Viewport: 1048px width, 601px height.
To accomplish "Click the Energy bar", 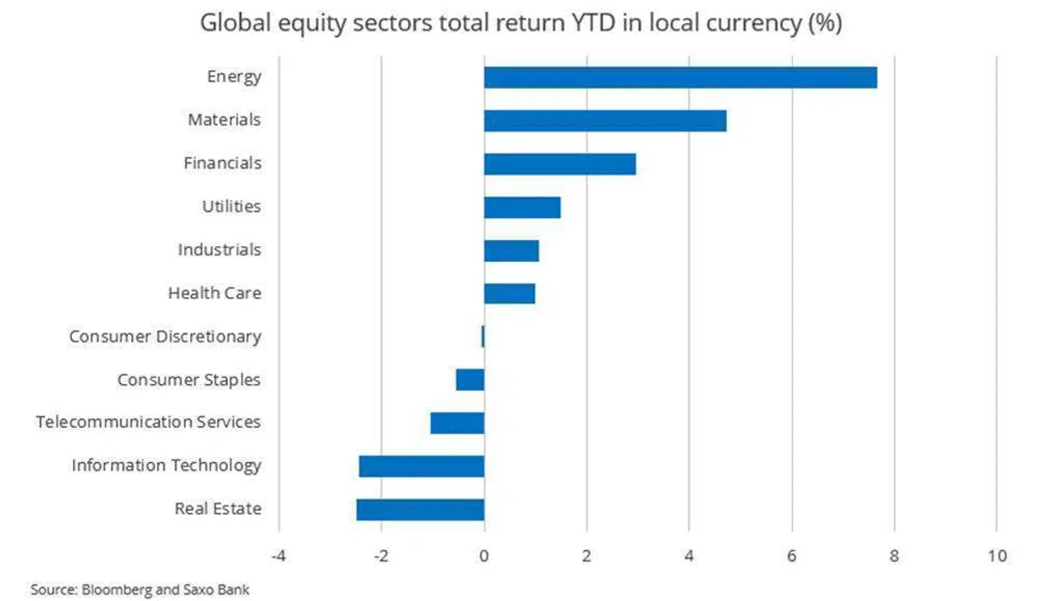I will (680, 77).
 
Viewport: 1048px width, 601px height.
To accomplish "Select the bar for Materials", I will (605, 121).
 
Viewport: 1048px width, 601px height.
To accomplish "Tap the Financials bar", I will (560, 164).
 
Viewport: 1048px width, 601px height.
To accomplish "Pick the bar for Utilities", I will (522, 207).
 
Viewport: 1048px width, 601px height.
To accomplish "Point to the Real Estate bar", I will (420, 509).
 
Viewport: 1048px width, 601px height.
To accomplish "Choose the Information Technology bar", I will (421, 466).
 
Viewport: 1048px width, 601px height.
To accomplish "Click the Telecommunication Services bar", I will (457, 423).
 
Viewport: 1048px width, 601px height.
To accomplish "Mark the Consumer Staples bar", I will (470, 380).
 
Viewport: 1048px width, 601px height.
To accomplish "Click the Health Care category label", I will (214, 293).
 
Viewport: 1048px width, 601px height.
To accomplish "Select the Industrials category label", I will (219, 250).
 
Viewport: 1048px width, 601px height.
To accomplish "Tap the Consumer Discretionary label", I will (164, 337).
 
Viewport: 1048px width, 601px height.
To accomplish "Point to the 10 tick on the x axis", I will (997, 557).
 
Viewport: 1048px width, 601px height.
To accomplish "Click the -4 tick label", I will (277, 557).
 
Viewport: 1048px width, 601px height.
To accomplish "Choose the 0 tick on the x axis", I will (484, 557).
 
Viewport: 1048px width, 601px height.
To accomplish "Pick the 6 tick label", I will (792, 557).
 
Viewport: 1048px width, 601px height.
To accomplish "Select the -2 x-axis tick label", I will (380, 557).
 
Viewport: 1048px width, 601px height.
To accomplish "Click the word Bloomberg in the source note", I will (110, 589).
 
